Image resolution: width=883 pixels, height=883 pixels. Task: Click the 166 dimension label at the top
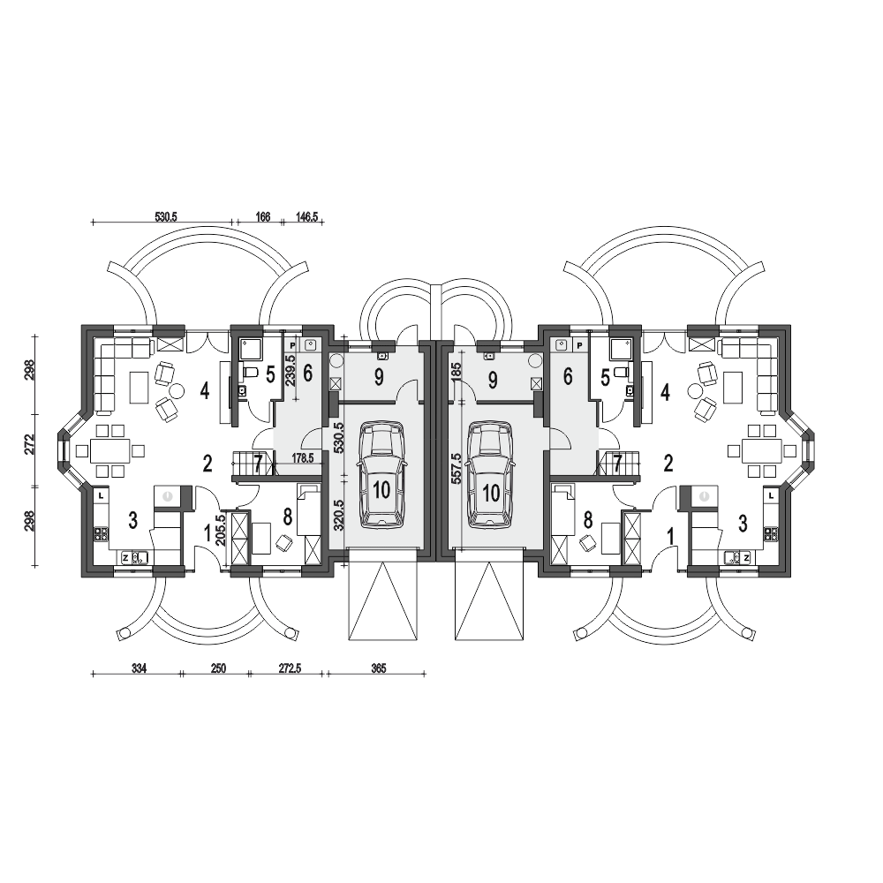(x=263, y=216)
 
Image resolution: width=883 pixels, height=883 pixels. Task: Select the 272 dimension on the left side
(x=30, y=444)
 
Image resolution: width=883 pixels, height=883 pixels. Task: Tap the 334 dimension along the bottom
(x=139, y=668)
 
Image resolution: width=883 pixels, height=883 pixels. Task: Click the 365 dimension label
(x=379, y=668)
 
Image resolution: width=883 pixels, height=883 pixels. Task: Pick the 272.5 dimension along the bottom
(x=290, y=668)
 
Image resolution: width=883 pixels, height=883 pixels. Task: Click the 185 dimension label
(x=457, y=373)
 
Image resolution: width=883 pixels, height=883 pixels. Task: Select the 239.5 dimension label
(x=291, y=370)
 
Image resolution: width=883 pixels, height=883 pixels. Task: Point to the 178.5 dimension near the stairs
(x=303, y=457)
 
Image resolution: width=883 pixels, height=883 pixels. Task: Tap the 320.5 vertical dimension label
(x=337, y=516)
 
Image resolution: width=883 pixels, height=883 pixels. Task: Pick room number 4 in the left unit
(x=205, y=391)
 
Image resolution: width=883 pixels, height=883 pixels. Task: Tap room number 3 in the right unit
(x=743, y=523)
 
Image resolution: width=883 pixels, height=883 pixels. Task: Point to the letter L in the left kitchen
(x=101, y=495)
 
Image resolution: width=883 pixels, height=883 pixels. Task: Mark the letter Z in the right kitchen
(x=746, y=557)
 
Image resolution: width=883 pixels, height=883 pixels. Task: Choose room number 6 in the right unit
(x=567, y=377)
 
